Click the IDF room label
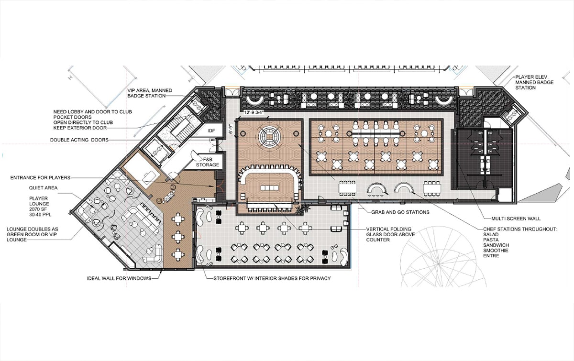click(211, 131)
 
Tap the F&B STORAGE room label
click(208, 162)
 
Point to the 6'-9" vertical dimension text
click(231, 129)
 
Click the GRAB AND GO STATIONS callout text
click(400, 212)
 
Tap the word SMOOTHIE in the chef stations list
click(496, 251)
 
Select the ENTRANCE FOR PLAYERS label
click(40, 177)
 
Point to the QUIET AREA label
click(43, 188)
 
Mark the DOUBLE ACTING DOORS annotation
click(79, 140)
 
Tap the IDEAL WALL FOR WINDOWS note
click(119, 278)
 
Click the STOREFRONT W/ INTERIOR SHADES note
click(272, 278)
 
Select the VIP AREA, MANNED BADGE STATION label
click(150, 93)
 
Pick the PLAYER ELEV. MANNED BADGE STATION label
click(535, 82)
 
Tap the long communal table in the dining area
click(376, 133)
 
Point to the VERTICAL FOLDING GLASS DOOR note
click(390, 234)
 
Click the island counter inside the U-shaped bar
click(270, 188)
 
